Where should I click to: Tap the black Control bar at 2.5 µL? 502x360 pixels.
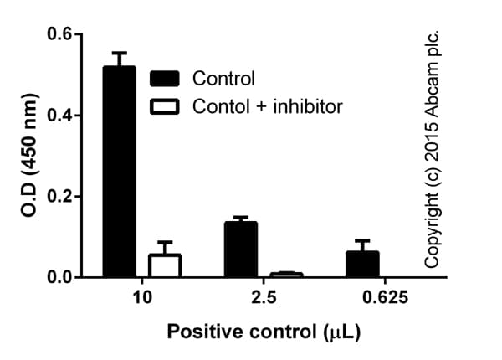(240, 249)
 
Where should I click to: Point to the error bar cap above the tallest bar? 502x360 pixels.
(119, 53)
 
